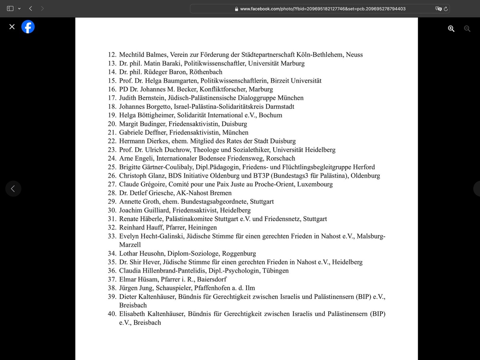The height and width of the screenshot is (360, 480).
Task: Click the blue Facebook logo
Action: coord(28,27)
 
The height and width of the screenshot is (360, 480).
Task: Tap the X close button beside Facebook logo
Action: coord(12,27)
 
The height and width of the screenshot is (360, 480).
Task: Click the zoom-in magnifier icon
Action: coord(451,28)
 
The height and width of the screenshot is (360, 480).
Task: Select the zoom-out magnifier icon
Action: coord(467,28)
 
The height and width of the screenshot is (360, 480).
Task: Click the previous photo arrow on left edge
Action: coord(13,188)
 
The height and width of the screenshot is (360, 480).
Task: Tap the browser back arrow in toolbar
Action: coord(30,8)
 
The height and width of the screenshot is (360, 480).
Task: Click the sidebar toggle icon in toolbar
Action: coord(10,8)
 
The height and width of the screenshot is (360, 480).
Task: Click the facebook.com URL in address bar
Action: coord(323,8)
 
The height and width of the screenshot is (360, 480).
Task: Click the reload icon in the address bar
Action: coord(446,8)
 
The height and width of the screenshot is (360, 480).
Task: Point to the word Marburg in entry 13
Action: coord(292,63)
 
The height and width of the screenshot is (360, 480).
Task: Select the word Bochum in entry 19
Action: coord(270,115)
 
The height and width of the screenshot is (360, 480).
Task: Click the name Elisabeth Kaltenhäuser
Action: coord(152,314)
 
